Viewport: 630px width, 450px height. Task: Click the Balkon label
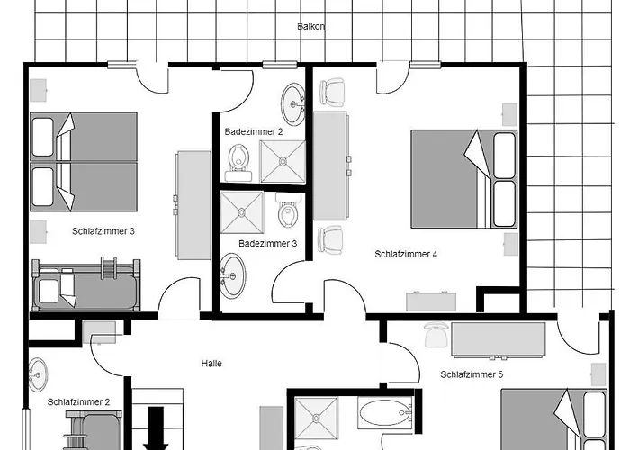coord(311,26)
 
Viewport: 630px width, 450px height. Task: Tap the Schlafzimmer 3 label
coord(103,231)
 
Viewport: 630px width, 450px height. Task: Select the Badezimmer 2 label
coord(254,131)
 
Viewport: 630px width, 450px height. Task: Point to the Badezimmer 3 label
coord(267,244)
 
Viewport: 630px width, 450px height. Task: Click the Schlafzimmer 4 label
coord(406,255)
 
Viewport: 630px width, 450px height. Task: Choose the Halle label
coord(211,364)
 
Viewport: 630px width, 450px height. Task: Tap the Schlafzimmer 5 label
coord(472,374)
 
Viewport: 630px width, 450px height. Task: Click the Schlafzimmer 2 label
coord(78,401)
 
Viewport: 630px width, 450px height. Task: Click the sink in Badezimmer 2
coord(292,104)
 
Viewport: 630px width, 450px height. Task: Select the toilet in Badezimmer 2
coord(238,163)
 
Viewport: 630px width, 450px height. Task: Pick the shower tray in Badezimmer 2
coord(283,161)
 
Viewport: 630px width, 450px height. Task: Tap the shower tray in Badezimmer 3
coord(242,212)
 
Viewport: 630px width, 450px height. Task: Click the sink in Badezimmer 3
coord(232,275)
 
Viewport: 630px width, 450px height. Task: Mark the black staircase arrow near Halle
coord(156,428)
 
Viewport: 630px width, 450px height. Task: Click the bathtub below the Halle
coord(385,412)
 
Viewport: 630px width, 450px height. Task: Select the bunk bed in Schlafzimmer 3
coord(86,284)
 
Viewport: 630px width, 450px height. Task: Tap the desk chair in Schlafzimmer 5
coord(435,334)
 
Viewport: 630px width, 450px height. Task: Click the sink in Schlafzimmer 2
coord(38,374)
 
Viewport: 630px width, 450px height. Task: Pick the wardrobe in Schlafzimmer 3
coord(193,205)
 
